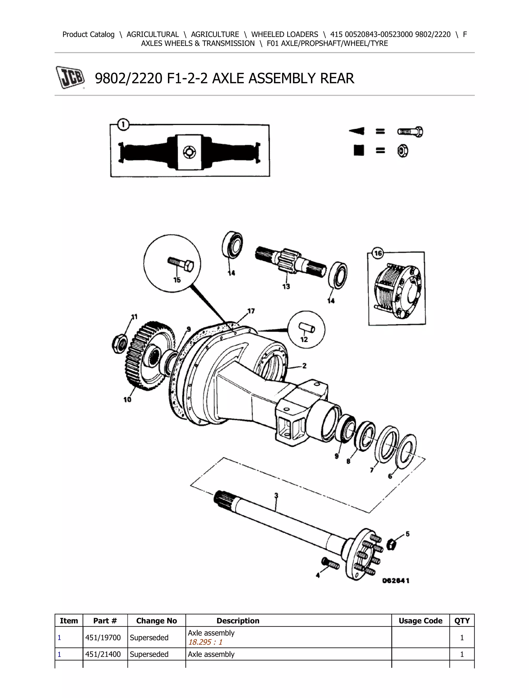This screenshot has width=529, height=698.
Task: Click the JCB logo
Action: [70, 77]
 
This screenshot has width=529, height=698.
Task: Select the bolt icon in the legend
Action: [410, 132]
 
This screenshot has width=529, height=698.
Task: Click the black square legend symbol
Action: [359, 151]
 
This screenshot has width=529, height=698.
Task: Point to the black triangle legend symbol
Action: [357, 131]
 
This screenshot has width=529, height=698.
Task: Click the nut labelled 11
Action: [120, 344]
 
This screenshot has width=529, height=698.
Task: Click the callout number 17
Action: [251, 311]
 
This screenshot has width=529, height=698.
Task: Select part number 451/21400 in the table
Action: [103, 654]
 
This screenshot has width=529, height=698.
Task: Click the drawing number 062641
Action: [396, 581]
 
